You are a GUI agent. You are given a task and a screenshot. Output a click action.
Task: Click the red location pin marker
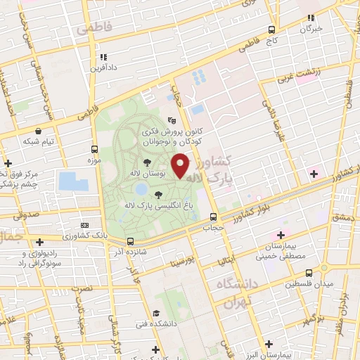click(x=181, y=165)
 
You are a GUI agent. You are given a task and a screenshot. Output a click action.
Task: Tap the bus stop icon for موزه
click(x=94, y=149)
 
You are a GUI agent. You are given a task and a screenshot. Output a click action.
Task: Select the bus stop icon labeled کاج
click(x=271, y=30)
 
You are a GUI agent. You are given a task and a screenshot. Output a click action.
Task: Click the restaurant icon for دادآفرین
click(x=103, y=57)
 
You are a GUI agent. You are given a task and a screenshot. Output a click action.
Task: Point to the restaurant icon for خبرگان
click(x=310, y=18)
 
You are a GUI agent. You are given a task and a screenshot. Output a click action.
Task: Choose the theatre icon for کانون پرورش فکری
click(x=171, y=120)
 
